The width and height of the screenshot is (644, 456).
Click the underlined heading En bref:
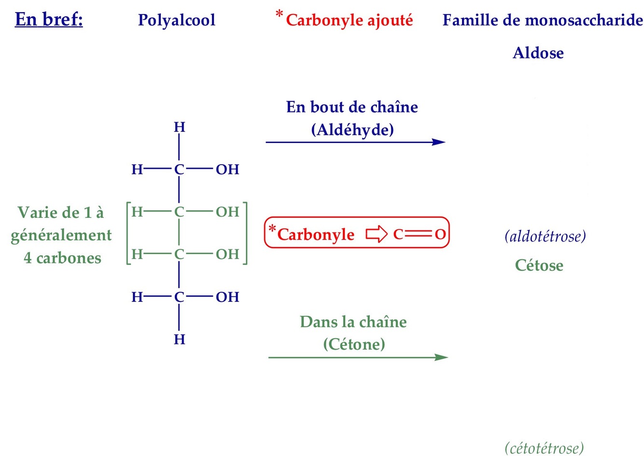pyautogui.click(x=49, y=20)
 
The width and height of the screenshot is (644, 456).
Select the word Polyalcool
pyautogui.click(x=177, y=20)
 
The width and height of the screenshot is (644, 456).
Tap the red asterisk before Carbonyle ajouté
pyautogui.click(x=279, y=14)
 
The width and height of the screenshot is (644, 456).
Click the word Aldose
pyautogui.click(x=538, y=53)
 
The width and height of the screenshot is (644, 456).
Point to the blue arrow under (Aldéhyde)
pyautogui.click(x=355, y=142)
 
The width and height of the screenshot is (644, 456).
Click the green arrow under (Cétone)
pyautogui.click(x=358, y=357)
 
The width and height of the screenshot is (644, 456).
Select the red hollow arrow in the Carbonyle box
pyautogui.click(x=377, y=234)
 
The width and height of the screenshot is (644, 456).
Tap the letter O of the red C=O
pyautogui.click(x=440, y=234)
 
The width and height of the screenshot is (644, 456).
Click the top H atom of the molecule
pyautogui.click(x=179, y=128)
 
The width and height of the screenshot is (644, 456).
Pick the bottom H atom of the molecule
pyautogui.click(x=179, y=340)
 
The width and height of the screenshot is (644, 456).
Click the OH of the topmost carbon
pyautogui.click(x=227, y=170)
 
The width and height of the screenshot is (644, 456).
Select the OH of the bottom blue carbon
pyautogui.click(x=227, y=297)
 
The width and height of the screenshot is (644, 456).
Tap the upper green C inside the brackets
pyautogui.click(x=179, y=212)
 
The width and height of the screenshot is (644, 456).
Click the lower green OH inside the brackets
pyautogui.click(x=227, y=254)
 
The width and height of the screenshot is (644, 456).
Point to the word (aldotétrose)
pyautogui.click(x=545, y=236)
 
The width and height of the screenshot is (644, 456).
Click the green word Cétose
pyautogui.click(x=539, y=265)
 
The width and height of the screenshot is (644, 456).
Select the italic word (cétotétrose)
pyautogui.click(x=544, y=448)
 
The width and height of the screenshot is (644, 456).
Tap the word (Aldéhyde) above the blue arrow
pyautogui.click(x=352, y=129)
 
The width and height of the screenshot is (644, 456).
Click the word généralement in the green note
pyautogui.click(x=61, y=235)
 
